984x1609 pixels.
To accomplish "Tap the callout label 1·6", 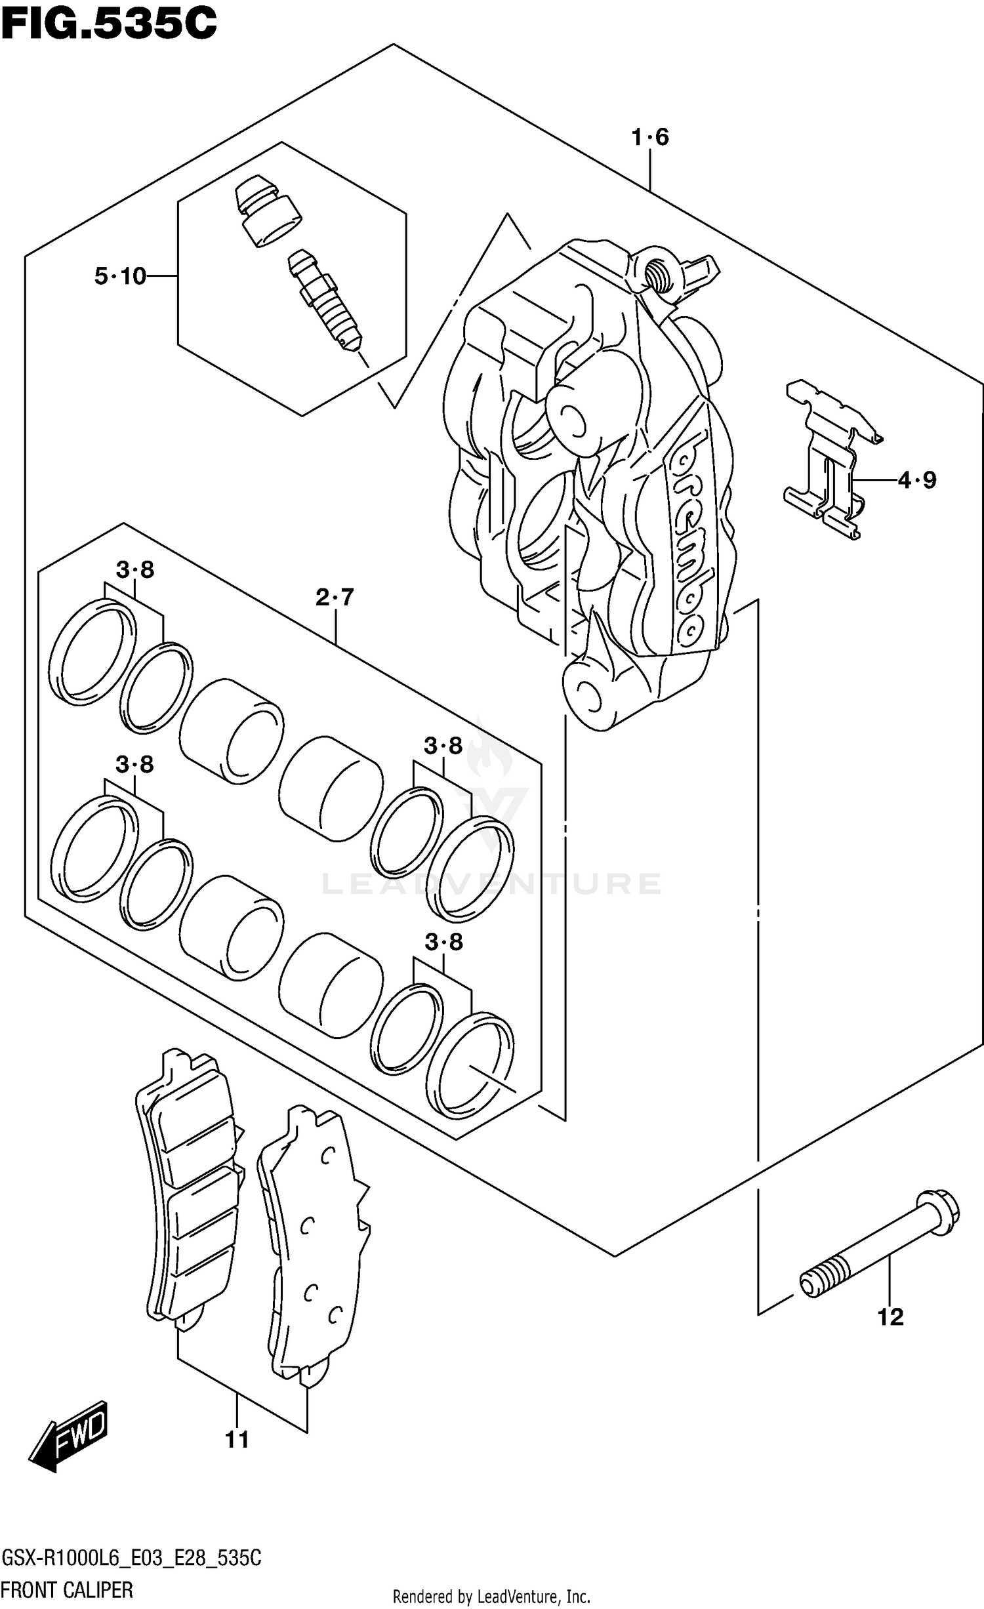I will [649, 137].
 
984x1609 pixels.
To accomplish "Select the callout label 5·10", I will [120, 276].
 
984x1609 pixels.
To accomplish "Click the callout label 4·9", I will [917, 480].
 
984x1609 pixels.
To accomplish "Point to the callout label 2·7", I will [335, 597].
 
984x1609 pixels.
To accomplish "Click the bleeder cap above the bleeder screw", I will [268, 211].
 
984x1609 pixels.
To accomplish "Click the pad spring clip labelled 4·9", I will [830, 459].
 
